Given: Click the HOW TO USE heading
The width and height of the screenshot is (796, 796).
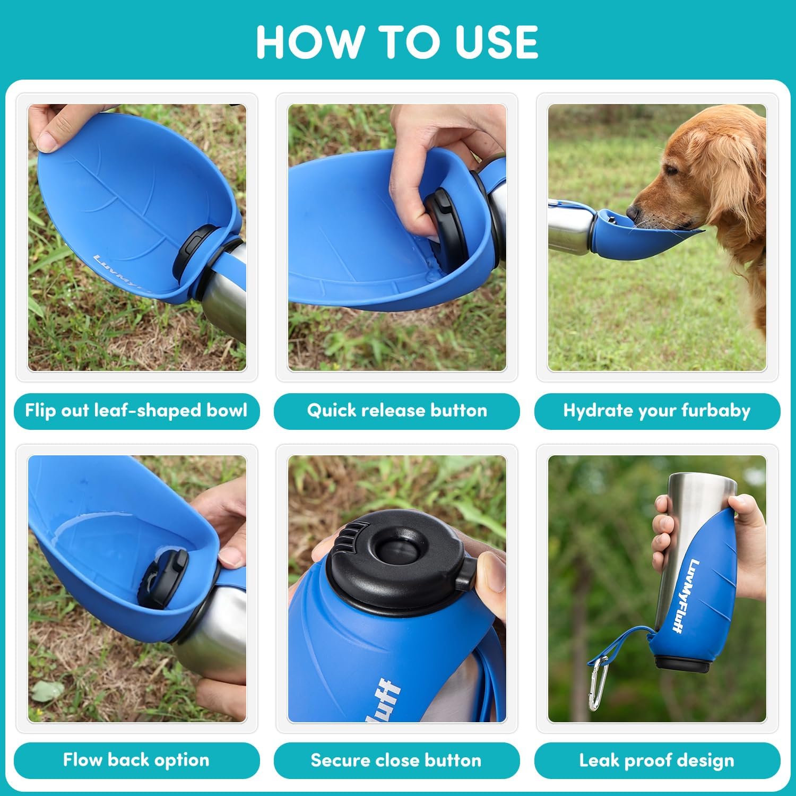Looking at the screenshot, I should [x=397, y=42].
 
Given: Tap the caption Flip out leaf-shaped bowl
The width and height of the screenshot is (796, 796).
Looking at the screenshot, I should [x=136, y=411].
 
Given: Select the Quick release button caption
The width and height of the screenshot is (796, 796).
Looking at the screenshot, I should [x=396, y=411].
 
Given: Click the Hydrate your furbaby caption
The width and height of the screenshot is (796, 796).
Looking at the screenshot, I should [x=657, y=411].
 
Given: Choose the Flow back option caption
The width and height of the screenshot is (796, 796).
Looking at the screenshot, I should [x=136, y=760].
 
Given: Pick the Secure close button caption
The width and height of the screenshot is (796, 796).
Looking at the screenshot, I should [x=396, y=760].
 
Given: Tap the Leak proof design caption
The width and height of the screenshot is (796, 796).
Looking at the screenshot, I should [x=657, y=760].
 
